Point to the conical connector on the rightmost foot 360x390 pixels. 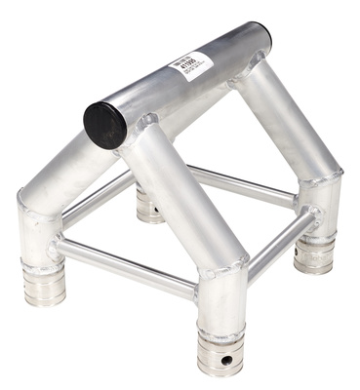[315, 255]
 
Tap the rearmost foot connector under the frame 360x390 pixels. [148, 206]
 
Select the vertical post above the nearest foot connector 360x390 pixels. [221, 302]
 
